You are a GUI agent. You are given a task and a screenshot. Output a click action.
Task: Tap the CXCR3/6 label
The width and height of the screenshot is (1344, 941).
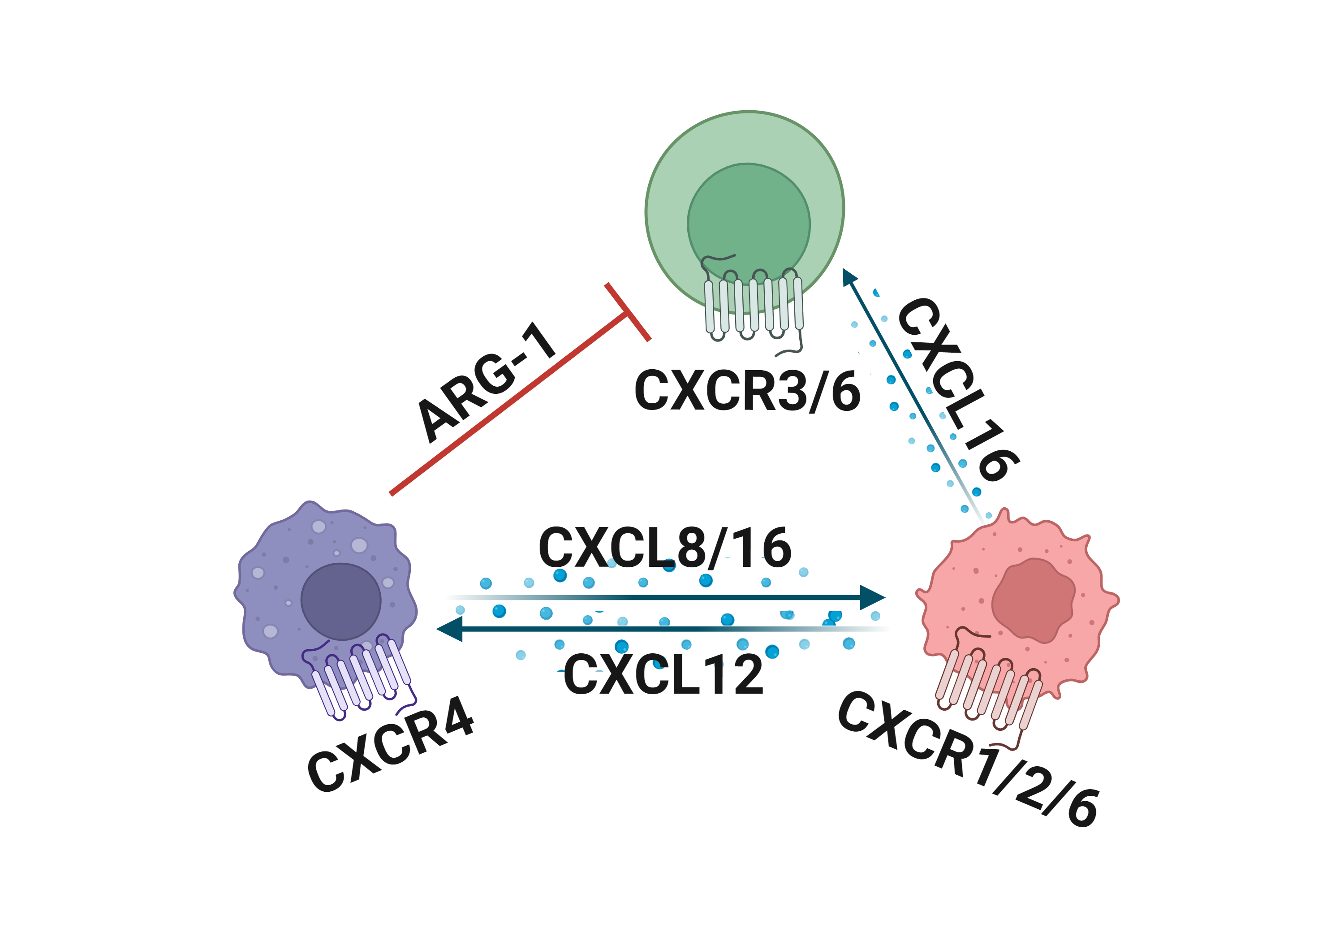748,391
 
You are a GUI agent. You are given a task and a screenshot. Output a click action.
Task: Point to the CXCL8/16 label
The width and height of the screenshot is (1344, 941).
664,548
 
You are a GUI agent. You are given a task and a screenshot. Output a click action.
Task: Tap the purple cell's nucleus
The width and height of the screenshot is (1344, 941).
340,601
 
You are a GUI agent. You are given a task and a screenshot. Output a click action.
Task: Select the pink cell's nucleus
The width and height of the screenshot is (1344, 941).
1033,600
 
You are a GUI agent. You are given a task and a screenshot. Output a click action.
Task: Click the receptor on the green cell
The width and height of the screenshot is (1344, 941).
754,305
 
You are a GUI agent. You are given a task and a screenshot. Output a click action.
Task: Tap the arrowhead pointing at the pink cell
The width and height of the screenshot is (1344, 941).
873,597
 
